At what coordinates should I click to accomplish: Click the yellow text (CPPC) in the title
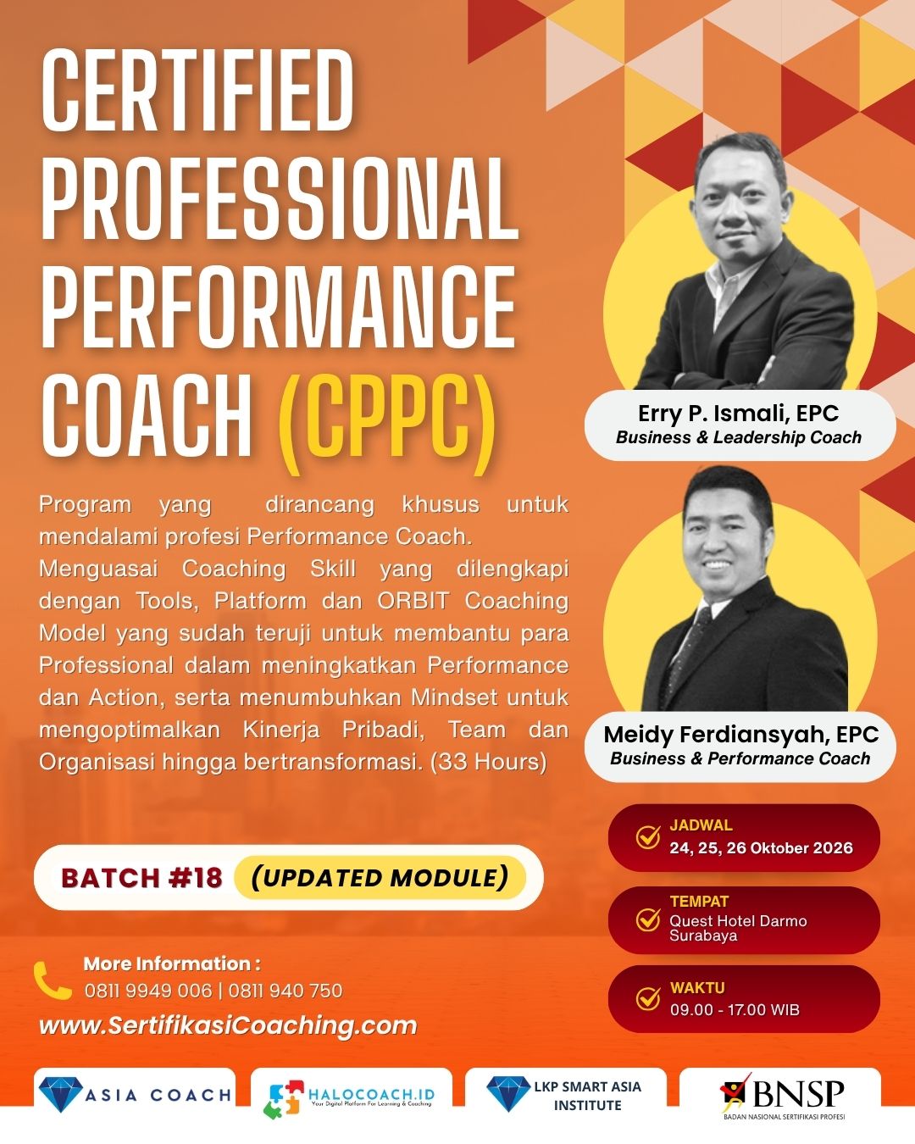click(x=387, y=424)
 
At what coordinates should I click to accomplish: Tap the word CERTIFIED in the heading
click(x=197, y=91)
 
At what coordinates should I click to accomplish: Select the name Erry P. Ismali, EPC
click(x=739, y=414)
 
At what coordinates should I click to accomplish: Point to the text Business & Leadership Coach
click(x=739, y=437)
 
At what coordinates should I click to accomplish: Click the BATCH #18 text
click(x=141, y=878)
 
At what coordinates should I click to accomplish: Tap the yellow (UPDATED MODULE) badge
click(x=380, y=878)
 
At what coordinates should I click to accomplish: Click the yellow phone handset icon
click(x=52, y=980)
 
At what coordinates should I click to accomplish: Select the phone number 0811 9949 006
click(x=148, y=991)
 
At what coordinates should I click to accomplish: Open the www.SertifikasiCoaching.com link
click(x=228, y=1025)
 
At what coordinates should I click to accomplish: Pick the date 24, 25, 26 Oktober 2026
click(x=761, y=848)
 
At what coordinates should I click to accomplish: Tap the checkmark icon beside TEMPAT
click(x=648, y=919)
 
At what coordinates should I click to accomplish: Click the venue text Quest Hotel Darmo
click(x=738, y=921)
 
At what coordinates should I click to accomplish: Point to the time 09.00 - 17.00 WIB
click(x=735, y=1009)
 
